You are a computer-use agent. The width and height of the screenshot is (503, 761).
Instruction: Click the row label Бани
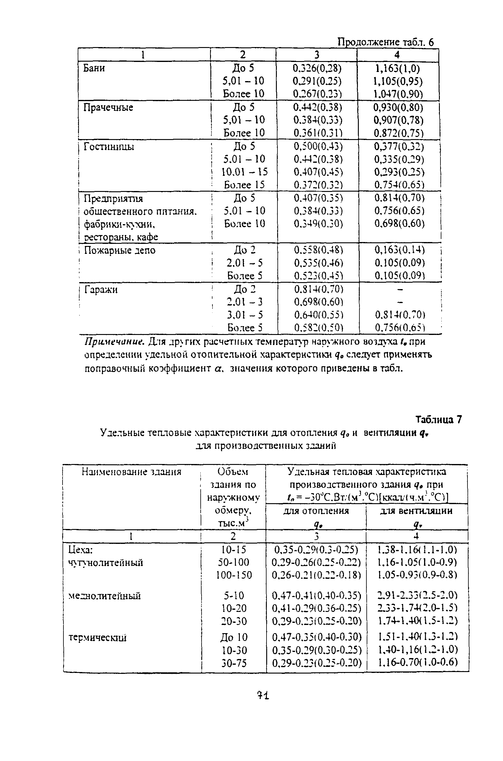[x=94, y=68]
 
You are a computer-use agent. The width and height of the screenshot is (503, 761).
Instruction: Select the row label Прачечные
[x=108, y=107]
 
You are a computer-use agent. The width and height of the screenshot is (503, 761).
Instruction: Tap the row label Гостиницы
[x=109, y=147]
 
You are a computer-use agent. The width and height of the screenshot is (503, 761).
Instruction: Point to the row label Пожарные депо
[x=120, y=250]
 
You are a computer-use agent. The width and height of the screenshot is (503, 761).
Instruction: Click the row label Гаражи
[x=101, y=290]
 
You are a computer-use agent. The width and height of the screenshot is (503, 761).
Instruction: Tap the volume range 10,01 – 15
[x=244, y=172]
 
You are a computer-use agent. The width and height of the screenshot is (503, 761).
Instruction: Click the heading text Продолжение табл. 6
[x=386, y=42]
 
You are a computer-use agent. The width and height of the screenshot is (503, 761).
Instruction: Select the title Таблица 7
[x=439, y=419]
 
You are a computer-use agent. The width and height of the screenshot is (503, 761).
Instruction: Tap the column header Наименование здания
[x=131, y=472]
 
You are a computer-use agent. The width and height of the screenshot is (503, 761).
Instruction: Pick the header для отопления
[x=316, y=510]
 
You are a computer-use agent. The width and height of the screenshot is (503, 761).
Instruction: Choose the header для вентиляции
[x=416, y=510]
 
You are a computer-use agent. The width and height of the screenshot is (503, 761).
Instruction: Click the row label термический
[x=97, y=637]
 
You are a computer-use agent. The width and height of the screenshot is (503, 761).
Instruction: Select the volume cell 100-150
[x=234, y=575]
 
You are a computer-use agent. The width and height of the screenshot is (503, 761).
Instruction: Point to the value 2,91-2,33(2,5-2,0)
[x=417, y=595]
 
